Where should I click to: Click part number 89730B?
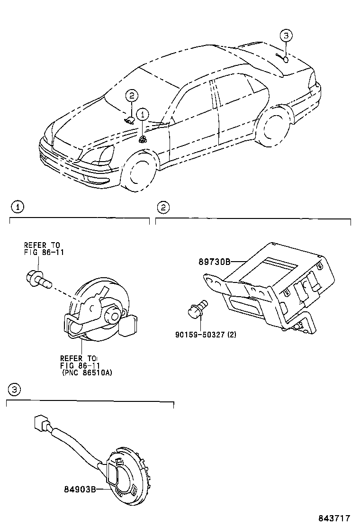214,261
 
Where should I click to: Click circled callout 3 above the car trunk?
286,36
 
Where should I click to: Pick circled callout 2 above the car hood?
131,96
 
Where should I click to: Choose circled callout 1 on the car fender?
143,114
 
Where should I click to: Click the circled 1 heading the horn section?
17,207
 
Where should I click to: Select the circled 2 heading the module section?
162,207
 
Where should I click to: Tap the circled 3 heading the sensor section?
14,390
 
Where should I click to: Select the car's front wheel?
139,171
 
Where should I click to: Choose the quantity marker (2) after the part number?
232,334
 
